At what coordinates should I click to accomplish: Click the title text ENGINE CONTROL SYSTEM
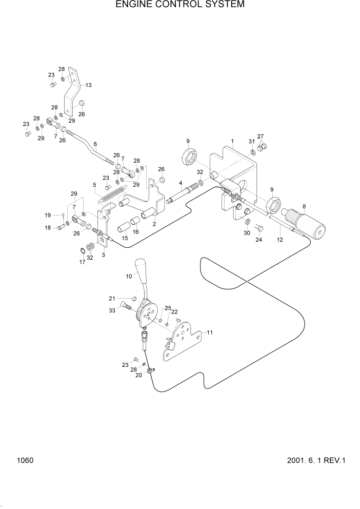coord(179,5)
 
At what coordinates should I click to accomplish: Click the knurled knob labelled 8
coord(307,222)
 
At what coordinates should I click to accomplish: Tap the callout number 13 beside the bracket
coord(88,85)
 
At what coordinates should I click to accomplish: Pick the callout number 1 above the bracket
coord(232,140)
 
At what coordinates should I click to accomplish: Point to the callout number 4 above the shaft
coord(181,183)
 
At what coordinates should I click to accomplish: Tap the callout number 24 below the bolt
coord(258,240)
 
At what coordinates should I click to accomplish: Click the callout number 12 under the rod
coord(280,240)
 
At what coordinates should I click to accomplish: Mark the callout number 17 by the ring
coord(82,262)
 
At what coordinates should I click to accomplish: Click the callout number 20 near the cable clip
coord(138,375)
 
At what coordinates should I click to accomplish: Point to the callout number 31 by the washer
coord(251,141)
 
